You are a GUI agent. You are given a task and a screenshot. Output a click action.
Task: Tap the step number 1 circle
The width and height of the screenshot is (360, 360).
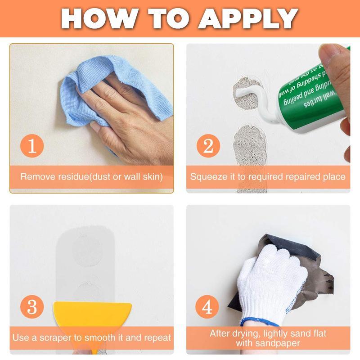[x=32, y=147]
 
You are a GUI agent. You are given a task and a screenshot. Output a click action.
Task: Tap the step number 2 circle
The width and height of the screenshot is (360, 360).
[x=207, y=147]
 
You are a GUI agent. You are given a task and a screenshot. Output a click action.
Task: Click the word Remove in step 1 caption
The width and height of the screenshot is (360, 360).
[x=37, y=176]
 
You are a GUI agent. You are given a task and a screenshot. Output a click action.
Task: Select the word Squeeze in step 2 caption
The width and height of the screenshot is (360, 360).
[x=208, y=176]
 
